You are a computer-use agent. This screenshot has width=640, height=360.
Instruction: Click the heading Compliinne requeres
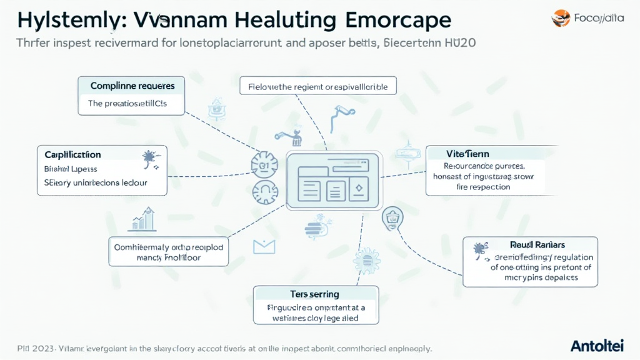tap(132, 86)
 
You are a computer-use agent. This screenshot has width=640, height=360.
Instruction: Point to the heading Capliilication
tap(72, 154)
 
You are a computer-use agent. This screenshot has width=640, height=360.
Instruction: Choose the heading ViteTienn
tap(468, 153)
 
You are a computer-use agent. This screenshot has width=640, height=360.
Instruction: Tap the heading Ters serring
tap(314, 294)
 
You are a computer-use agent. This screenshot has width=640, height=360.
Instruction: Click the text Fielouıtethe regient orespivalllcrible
tap(319, 87)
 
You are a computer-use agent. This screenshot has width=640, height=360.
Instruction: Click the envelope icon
tap(264, 247)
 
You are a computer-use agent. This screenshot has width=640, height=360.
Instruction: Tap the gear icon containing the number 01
tap(263, 166)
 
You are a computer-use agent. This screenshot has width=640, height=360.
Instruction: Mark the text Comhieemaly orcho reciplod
tap(168, 246)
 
